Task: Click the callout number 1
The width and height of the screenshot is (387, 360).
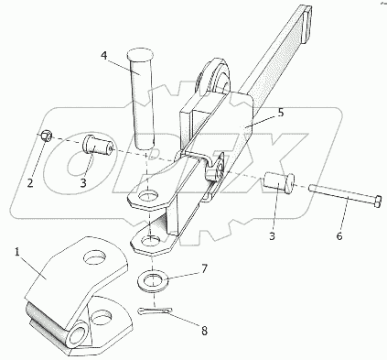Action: (17, 253)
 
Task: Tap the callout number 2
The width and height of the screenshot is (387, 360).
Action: (30, 183)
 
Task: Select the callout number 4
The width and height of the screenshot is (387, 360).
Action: (104, 57)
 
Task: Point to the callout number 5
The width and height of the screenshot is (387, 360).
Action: (281, 113)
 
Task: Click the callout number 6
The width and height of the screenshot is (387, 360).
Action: (339, 235)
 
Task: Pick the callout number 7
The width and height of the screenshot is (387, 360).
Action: (204, 269)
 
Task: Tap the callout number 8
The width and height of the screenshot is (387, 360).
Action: (204, 331)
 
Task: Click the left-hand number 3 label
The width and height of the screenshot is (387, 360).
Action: (83, 182)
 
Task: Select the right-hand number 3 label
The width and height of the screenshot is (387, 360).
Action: (272, 235)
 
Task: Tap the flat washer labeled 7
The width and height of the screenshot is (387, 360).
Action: (153, 279)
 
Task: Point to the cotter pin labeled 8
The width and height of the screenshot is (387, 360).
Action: (155, 311)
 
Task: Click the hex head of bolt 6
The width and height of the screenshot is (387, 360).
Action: (377, 202)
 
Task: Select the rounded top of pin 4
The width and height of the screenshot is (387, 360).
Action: (140, 56)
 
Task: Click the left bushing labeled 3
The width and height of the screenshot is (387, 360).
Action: (98, 147)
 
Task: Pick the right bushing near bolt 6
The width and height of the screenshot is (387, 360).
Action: (279, 182)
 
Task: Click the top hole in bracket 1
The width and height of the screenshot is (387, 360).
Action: (96, 257)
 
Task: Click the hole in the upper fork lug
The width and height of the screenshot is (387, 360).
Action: (149, 196)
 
